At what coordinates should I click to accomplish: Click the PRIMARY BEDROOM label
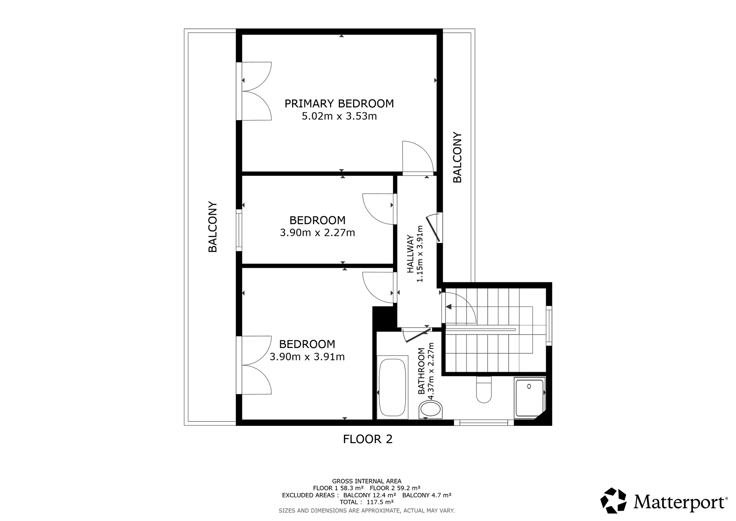tap(339, 104)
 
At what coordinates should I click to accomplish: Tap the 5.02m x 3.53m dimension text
tap(339, 116)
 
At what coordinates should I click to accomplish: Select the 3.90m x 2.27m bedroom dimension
tap(317, 233)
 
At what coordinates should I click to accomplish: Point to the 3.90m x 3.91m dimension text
tap(307, 357)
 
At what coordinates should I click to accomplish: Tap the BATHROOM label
tap(421, 371)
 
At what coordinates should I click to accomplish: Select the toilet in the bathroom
tap(484, 389)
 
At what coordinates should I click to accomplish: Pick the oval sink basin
tap(431, 410)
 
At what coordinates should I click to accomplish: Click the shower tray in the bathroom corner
tap(530, 398)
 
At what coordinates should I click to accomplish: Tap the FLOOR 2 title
tap(368, 439)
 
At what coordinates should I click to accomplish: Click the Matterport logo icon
tap(613, 501)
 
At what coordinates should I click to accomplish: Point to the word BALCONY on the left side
tap(212, 227)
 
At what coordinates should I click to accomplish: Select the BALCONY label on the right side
tap(457, 158)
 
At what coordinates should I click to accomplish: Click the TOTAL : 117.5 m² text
tap(366, 502)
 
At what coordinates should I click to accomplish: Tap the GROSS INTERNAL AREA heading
tap(366, 481)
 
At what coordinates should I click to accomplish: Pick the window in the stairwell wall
tap(549, 326)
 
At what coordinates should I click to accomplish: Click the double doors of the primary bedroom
tap(254, 91)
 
